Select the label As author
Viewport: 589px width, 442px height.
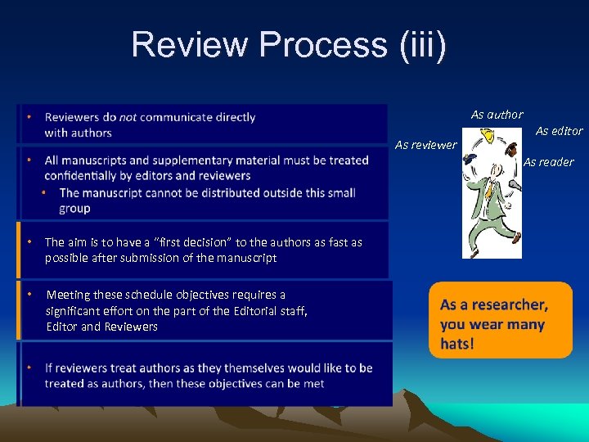point(497,115)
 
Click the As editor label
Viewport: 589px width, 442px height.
point(559,131)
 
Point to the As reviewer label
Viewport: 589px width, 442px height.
point(425,145)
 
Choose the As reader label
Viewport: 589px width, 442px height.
point(548,162)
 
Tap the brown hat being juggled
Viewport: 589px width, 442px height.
point(510,150)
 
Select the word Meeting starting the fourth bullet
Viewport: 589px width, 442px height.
point(70,295)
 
